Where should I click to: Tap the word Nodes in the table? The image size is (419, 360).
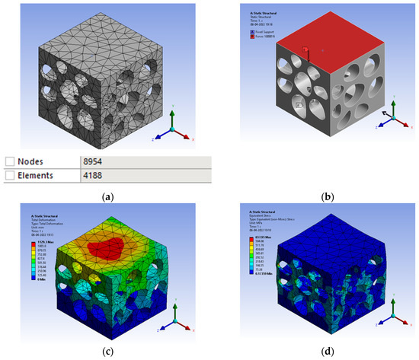click(x=35, y=161)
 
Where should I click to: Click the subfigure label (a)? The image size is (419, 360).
click(x=106, y=196)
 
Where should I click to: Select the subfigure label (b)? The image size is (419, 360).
click(x=314, y=196)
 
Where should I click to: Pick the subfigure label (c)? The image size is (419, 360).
click(x=106, y=352)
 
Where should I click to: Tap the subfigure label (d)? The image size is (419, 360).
click(x=314, y=352)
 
